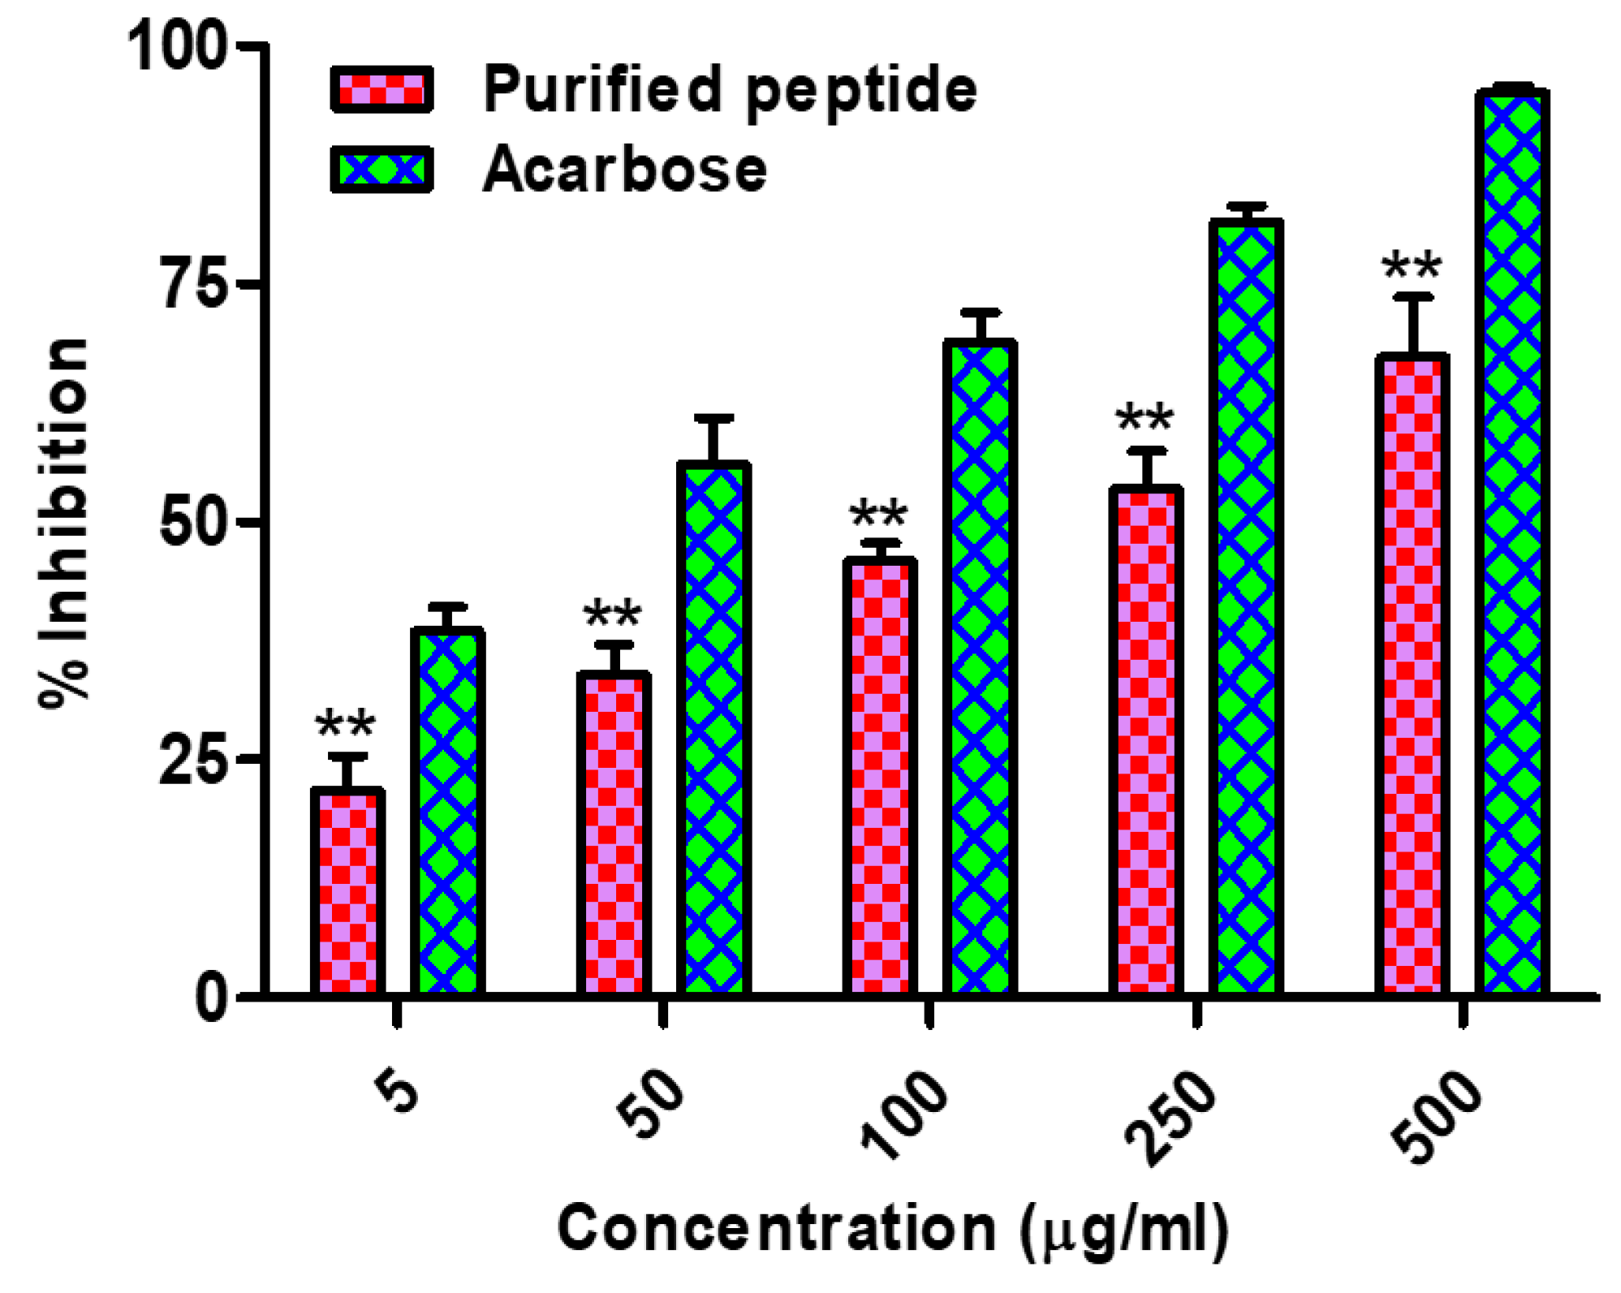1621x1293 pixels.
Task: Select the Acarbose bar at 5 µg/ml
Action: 448,812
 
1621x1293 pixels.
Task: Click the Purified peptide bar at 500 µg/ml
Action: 1412,674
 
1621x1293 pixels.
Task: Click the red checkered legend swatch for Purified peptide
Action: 382,89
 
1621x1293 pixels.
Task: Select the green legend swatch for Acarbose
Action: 382,170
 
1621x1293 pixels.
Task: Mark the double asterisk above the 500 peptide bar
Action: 1412,265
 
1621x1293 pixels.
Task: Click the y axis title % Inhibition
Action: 63,524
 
